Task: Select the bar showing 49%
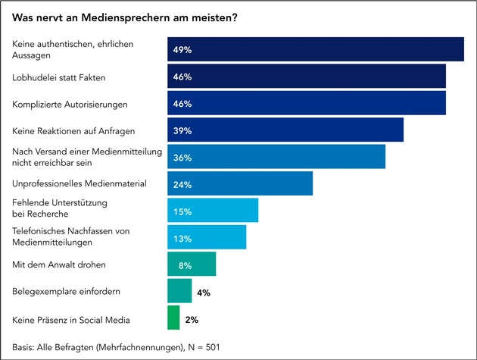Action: tap(315, 49)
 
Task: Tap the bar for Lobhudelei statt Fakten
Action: tap(306, 77)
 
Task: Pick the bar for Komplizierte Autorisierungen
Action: tap(306, 103)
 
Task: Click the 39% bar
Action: tap(285, 130)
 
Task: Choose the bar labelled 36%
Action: tap(276, 157)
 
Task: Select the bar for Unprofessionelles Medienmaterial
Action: tap(239, 183)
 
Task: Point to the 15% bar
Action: tap(213, 211)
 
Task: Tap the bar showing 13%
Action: tap(207, 237)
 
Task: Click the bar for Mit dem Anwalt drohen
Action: tap(192, 265)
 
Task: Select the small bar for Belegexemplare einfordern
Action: tap(179, 291)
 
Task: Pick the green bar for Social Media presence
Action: tap(173, 318)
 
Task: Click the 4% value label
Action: tap(204, 292)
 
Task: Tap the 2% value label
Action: tap(192, 319)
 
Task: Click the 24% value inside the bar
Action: tap(182, 184)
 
